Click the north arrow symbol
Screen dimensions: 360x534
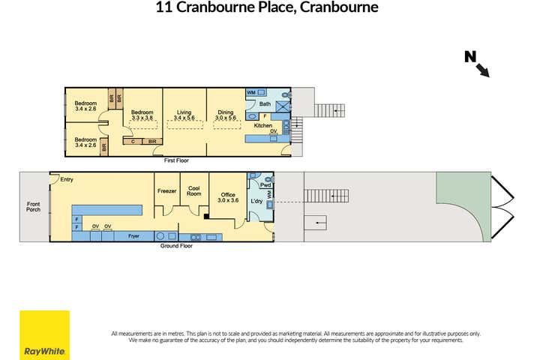click(478, 63)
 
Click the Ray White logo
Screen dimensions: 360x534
click(44, 334)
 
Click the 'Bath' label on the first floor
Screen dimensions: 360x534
click(265, 104)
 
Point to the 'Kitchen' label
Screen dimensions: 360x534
click(262, 125)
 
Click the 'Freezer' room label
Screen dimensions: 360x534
click(166, 191)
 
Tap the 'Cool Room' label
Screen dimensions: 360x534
click(194, 191)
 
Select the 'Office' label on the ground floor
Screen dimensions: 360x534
click(226, 196)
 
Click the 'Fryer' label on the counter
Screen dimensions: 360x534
click(134, 236)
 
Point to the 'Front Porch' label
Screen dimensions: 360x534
click(34, 206)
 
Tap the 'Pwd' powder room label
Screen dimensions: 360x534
click(265, 184)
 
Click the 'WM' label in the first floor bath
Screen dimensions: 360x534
click(251, 92)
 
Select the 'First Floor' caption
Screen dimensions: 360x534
click(177, 160)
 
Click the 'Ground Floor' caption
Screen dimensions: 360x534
click(176, 245)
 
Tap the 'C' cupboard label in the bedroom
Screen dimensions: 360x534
click(133, 141)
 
